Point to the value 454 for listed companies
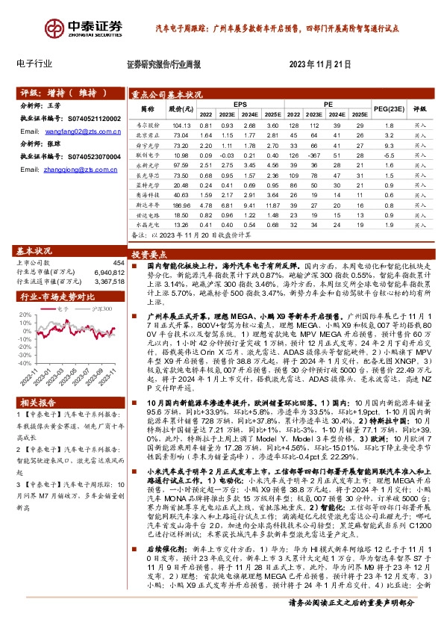pyautogui.click(x=118, y=263)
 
